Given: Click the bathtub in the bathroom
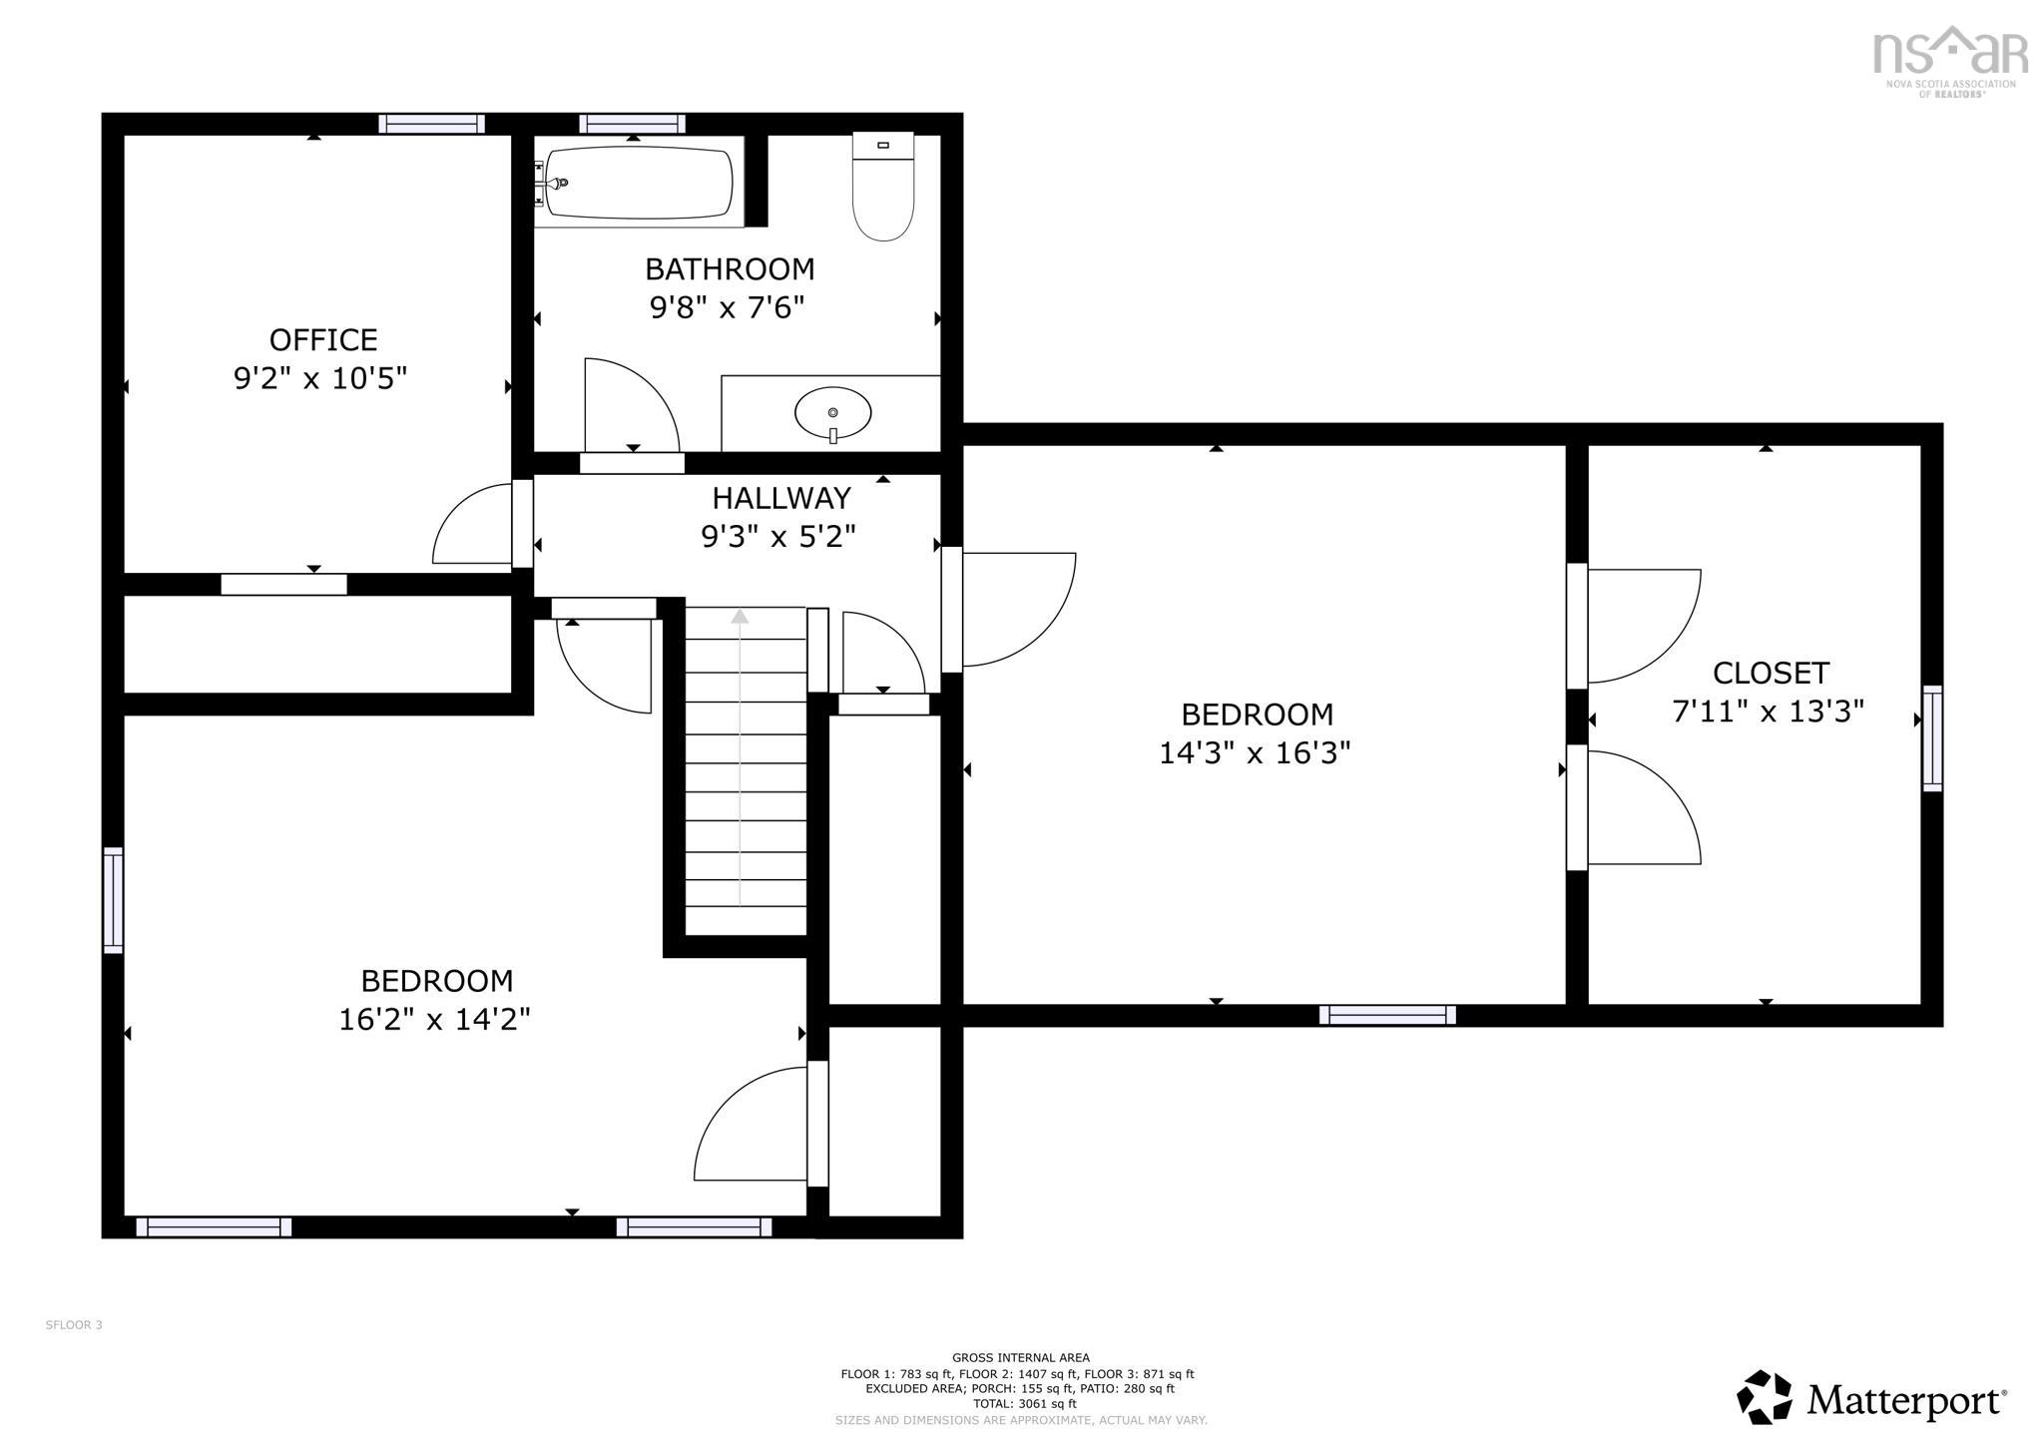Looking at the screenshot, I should [x=639, y=183].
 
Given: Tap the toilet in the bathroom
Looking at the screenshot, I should [x=883, y=188].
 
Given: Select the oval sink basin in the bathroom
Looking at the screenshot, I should [x=832, y=411].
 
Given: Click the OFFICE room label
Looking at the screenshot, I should [x=323, y=340].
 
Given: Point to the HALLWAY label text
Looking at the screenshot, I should [x=780, y=498].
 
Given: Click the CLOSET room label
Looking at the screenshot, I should [x=1771, y=674].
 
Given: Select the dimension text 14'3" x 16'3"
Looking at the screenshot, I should [x=1255, y=752].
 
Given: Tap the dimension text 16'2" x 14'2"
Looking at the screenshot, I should [x=434, y=1019].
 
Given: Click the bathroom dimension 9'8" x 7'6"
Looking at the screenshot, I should [x=727, y=307].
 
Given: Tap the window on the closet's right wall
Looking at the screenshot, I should [x=1932, y=738].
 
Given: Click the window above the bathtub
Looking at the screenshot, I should [x=632, y=124].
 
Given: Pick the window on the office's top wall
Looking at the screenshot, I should [x=431, y=124].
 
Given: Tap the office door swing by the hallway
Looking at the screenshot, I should [x=474, y=526].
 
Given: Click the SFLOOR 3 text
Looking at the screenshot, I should [x=74, y=1325].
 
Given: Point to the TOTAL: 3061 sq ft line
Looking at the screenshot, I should [x=1020, y=1403].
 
